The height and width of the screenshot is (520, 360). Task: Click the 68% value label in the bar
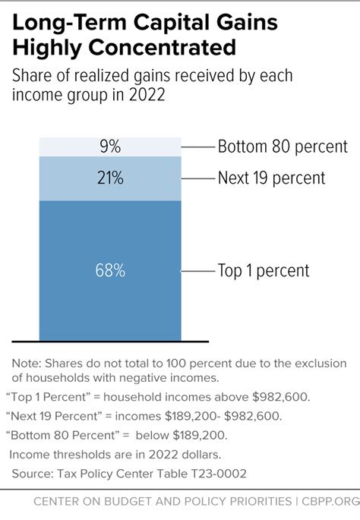109,271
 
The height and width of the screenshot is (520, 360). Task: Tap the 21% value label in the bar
109,178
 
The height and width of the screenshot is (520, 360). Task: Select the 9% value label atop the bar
109,147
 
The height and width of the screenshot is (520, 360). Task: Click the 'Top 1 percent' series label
263,271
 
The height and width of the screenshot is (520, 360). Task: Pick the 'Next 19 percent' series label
271,178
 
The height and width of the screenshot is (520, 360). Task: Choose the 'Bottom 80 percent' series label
282,147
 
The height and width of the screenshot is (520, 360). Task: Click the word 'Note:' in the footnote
27,363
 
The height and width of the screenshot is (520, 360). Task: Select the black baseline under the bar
109,341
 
